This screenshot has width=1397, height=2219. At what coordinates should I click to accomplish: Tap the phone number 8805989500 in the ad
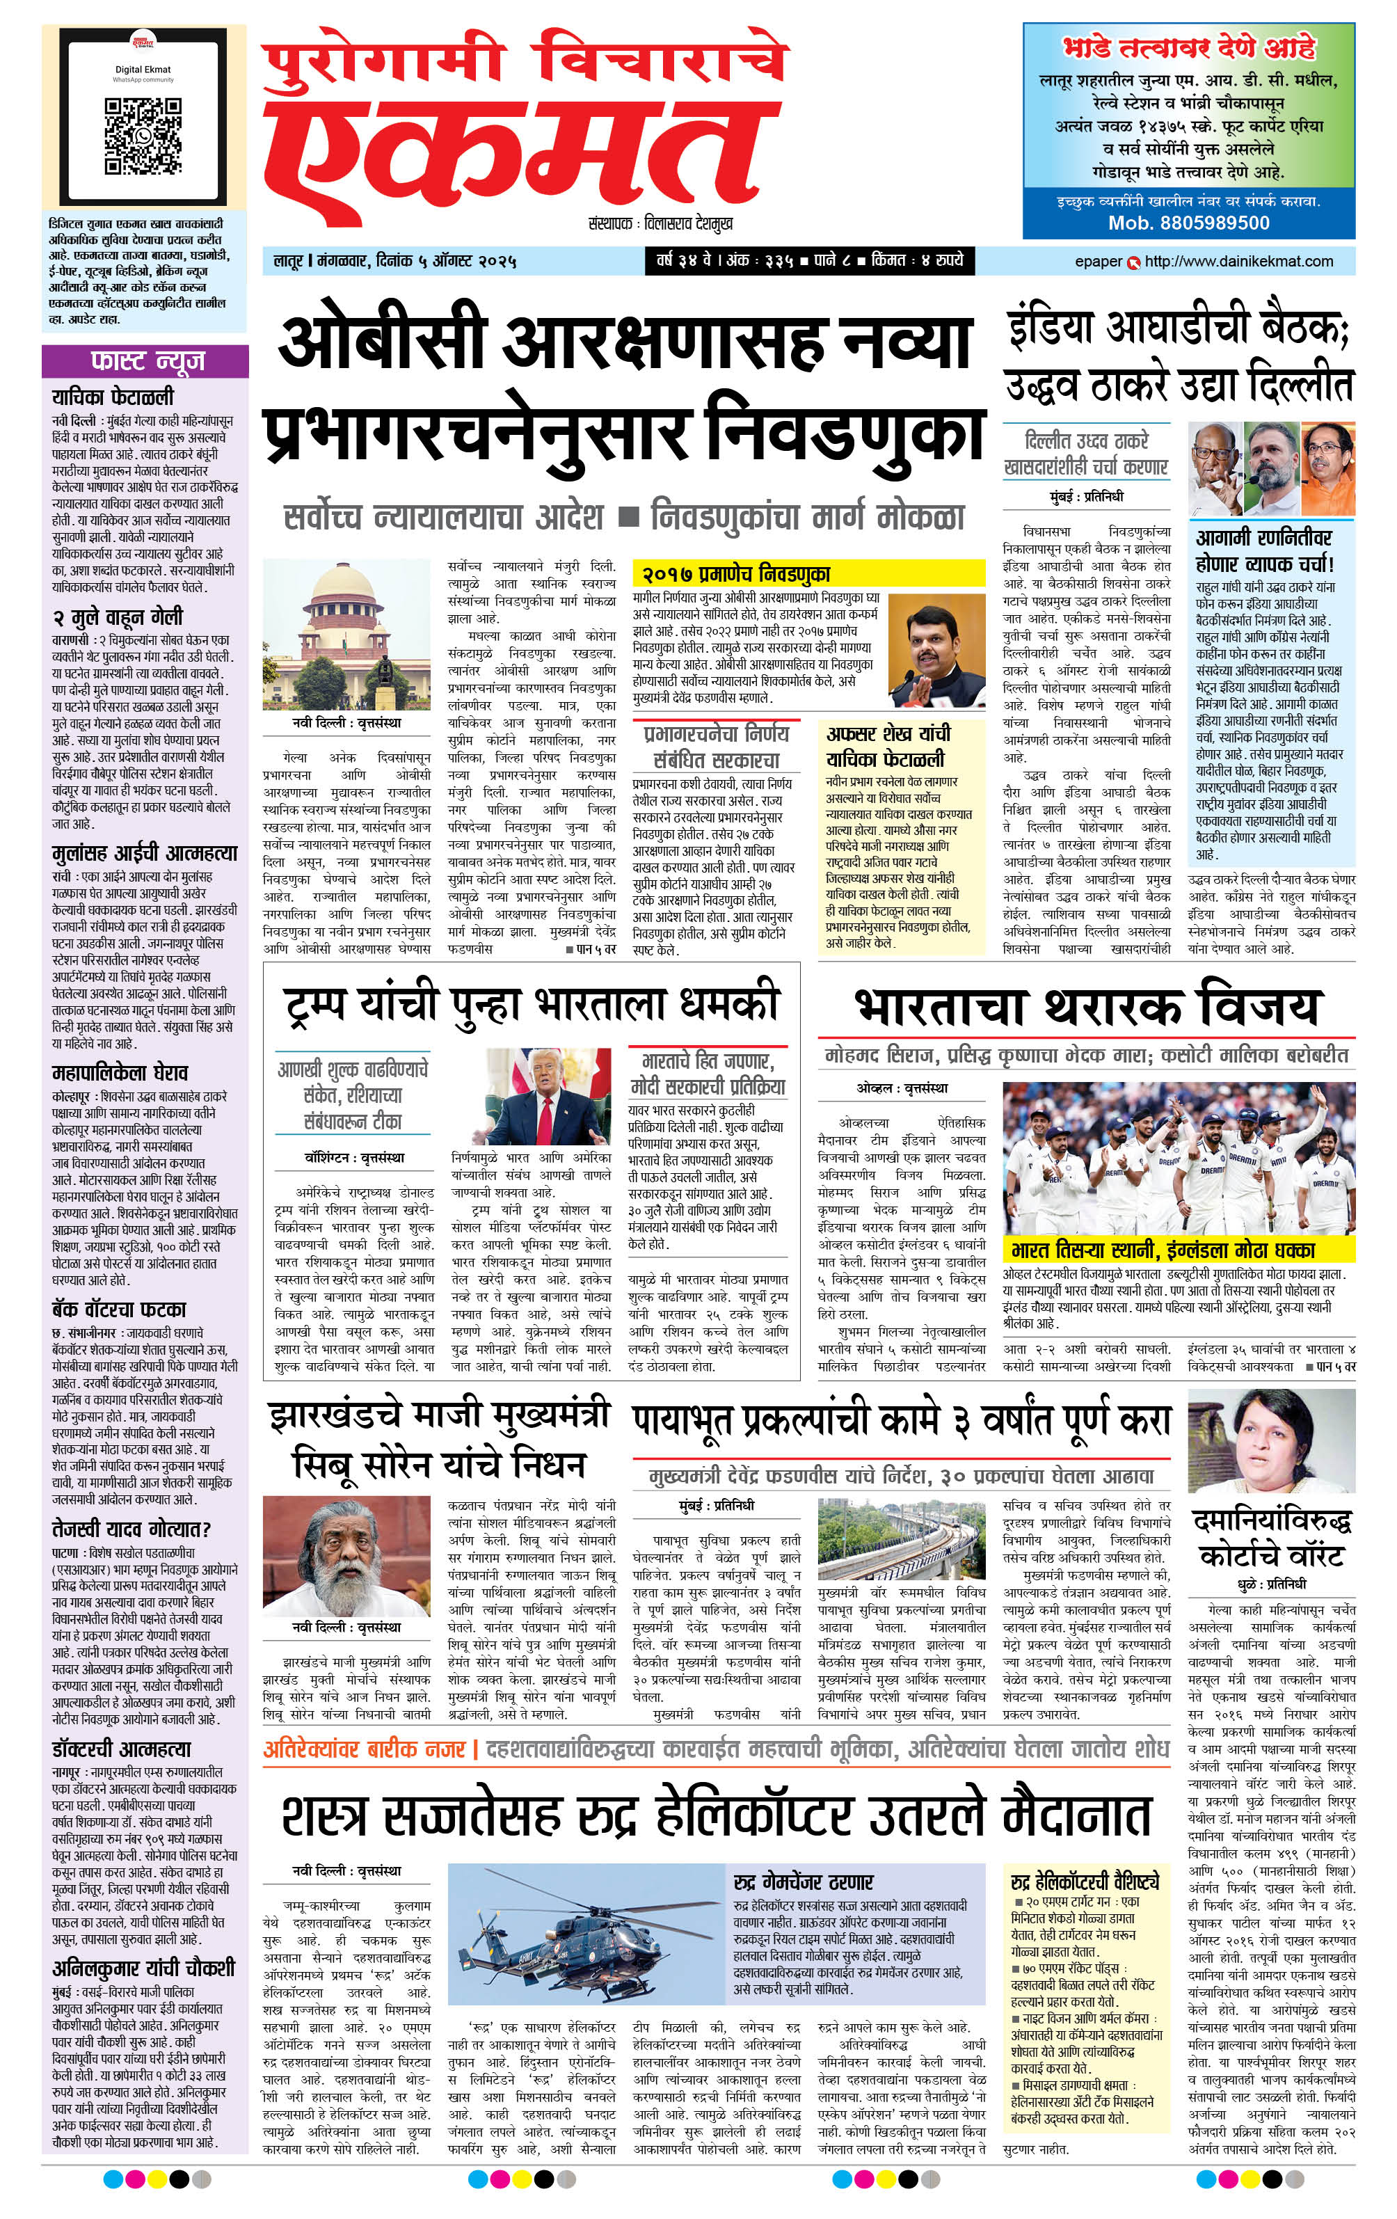(x=1189, y=223)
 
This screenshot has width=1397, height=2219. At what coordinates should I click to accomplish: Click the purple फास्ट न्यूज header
(x=145, y=360)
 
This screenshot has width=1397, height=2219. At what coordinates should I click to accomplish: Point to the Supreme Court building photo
(x=346, y=635)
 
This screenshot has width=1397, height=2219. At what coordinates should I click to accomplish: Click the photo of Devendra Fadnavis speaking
(x=935, y=651)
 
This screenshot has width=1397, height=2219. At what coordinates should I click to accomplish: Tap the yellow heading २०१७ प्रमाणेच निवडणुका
(x=737, y=574)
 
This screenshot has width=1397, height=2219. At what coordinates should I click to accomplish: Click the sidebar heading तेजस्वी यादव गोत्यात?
(x=131, y=1529)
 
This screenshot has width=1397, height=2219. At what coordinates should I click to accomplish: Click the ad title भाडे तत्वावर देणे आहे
(x=1189, y=48)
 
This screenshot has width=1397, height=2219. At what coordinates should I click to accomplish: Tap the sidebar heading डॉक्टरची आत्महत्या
(x=122, y=1749)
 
